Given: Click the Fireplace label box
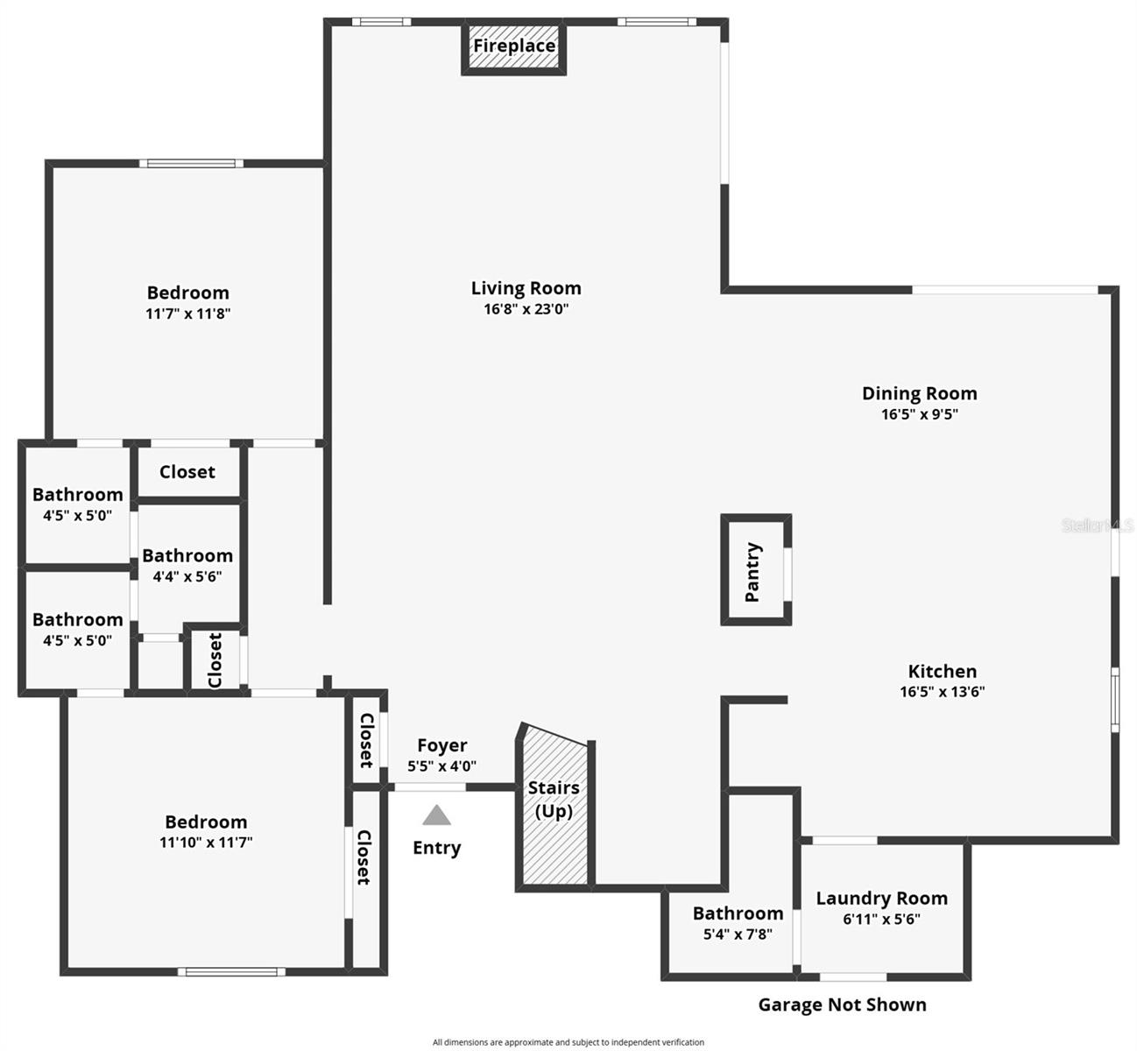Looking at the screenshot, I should pyautogui.click(x=514, y=46).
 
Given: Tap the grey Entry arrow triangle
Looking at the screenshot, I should pyautogui.click(x=436, y=816).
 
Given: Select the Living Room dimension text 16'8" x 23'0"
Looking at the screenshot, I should pyautogui.click(x=526, y=308).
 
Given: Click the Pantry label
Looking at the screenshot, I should pyautogui.click(x=752, y=572).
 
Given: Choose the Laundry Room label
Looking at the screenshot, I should pyautogui.click(x=881, y=898).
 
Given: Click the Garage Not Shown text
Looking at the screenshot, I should pyautogui.click(x=842, y=1005).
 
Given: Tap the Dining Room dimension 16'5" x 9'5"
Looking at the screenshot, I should pyautogui.click(x=919, y=414).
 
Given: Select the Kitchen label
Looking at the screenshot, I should pyautogui.click(x=942, y=671).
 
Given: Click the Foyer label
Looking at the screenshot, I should pyautogui.click(x=441, y=745).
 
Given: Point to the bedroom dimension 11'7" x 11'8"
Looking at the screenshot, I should pyautogui.click(x=187, y=313).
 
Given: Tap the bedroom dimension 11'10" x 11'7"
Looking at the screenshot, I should pyautogui.click(x=206, y=843).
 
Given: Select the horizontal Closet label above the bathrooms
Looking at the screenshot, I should pyautogui.click(x=187, y=472).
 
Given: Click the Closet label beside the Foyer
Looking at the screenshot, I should pyautogui.click(x=366, y=740).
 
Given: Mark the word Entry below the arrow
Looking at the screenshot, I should pyautogui.click(x=436, y=848).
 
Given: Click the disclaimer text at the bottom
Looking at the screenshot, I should pyautogui.click(x=568, y=1042).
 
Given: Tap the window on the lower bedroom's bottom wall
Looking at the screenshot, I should pyautogui.click(x=231, y=970).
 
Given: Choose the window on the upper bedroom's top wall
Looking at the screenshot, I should pyautogui.click(x=191, y=163).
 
